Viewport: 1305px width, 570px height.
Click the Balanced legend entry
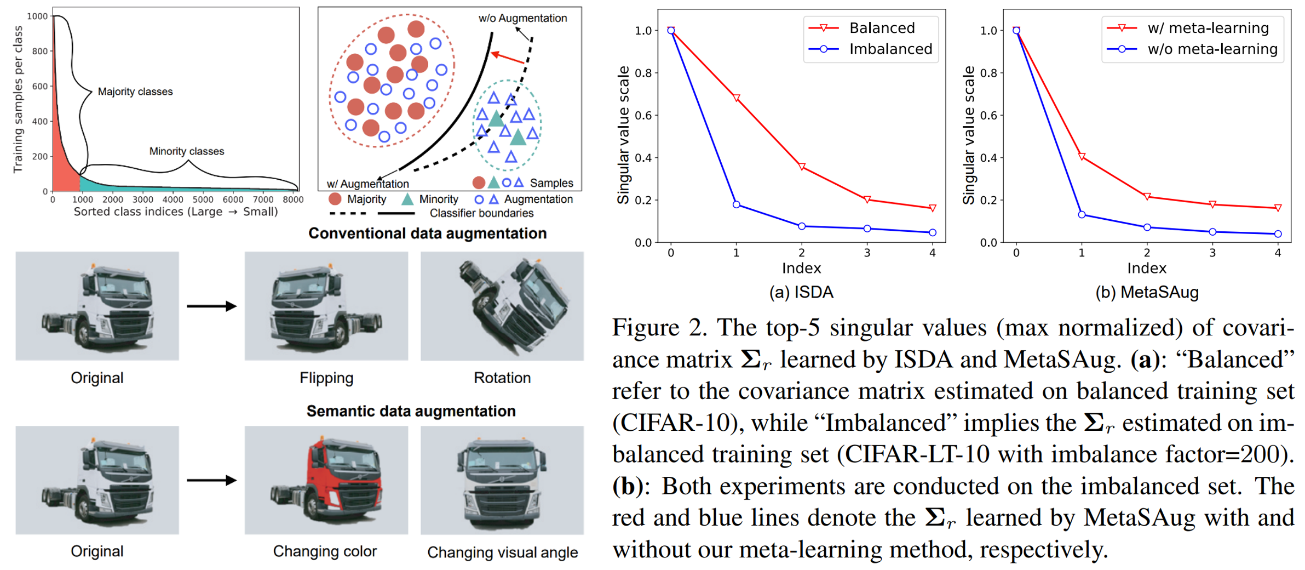tap(882, 28)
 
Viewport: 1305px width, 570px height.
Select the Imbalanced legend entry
tap(890, 49)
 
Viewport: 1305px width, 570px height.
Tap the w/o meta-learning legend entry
tap(1212, 49)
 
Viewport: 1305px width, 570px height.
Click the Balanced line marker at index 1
tap(737, 98)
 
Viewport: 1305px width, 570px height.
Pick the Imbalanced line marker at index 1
tap(737, 204)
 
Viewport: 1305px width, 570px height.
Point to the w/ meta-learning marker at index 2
tap(1147, 196)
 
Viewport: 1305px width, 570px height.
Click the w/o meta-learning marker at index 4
tap(1278, 234)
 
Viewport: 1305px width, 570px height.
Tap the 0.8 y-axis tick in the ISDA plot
tap(643, 73)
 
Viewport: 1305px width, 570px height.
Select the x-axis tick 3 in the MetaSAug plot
tap(1212, 253)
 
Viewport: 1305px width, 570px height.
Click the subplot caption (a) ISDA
tap(801, 292)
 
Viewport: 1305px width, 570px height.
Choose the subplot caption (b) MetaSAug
tap(1147, 292)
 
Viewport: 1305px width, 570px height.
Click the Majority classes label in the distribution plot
tap(135, 92)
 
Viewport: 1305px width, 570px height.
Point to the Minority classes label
tap(187, 151)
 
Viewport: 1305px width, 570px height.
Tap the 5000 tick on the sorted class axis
tap(203, 200)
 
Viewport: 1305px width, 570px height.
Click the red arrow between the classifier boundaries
tap(508, 58)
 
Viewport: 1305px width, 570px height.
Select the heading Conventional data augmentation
tap(427, 233)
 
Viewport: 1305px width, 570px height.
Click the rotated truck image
tap(502, 305)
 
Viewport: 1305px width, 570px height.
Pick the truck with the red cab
tap(326, 480)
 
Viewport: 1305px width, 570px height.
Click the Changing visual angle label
tap(502, 552)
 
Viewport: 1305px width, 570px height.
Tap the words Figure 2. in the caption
tap(657, 328)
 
